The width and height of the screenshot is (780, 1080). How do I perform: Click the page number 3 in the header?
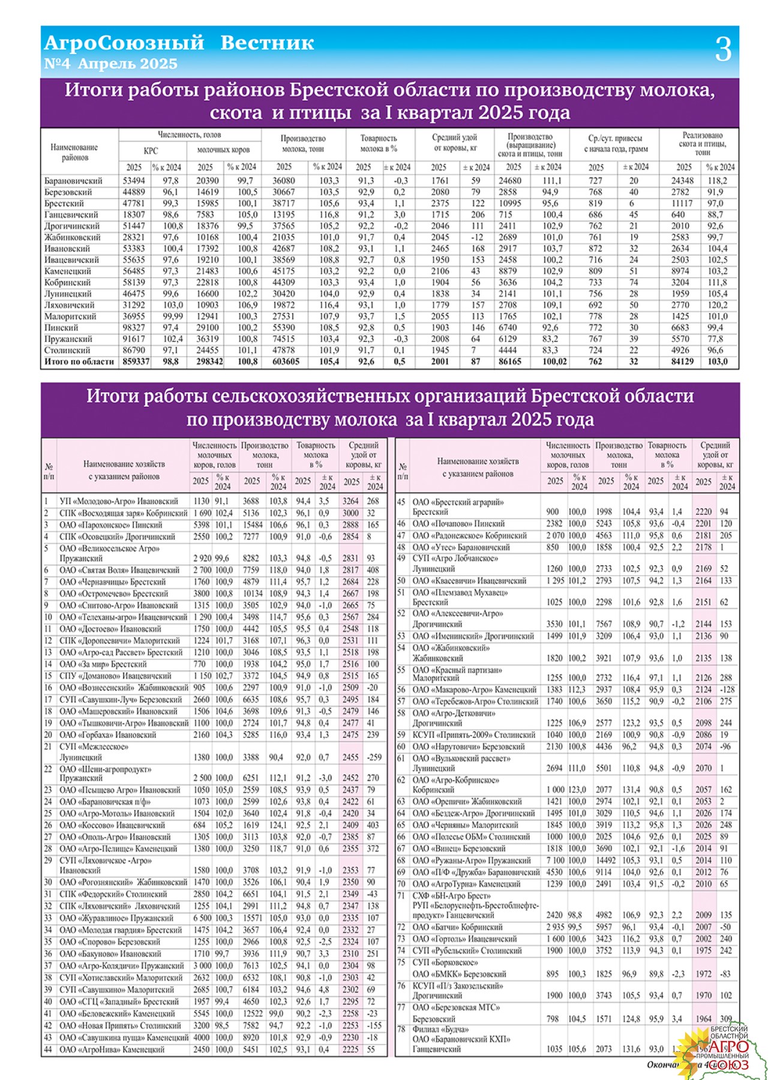(x=723, y=49)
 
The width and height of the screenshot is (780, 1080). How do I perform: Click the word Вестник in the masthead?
(x=267, y=43)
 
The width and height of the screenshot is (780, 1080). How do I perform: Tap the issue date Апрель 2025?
(x=128, y=64)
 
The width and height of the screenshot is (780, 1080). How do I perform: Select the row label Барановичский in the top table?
(x=73, y=181)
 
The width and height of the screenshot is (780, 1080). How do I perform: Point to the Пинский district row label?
(x=61, y=328)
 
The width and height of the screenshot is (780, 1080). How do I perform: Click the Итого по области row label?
(x=79, y=362)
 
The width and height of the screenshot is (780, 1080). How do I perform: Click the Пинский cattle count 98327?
(x=134, y=328)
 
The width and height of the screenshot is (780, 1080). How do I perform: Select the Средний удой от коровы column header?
(x=454, y=143)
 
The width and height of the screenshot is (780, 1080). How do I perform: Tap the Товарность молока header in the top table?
(x=378, y=143)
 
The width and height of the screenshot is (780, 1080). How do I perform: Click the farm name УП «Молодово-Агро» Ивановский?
(x=119, y=501)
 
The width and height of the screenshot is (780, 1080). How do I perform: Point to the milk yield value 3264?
(x=350, y=501)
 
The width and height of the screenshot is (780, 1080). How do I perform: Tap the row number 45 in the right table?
(x=401, y=502)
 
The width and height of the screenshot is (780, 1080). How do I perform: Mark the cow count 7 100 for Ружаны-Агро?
(x=555, y=860)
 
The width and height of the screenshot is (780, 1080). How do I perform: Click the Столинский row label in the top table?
(x=67, y=350)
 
